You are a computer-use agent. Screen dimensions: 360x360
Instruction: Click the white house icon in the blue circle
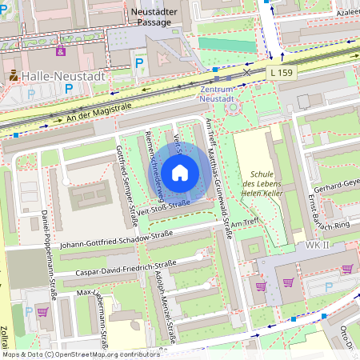(180, 172)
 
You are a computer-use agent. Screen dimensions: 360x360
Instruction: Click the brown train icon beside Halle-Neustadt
(14, 76)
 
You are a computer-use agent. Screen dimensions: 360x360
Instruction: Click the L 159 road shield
(282, 73)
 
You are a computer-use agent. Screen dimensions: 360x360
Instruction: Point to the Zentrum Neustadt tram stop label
(218, 95)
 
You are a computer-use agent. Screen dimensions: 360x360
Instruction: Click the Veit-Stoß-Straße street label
(162, 206)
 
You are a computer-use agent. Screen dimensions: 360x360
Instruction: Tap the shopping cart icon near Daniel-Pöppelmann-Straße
(42, 311)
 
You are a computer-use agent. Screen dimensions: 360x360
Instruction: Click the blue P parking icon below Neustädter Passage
(140, 62)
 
